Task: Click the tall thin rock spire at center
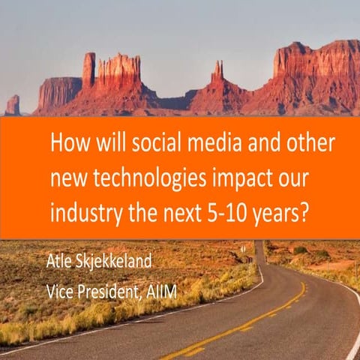pos(217,73)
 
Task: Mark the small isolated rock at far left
pos(13,104)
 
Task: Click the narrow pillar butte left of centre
pos(88,70)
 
